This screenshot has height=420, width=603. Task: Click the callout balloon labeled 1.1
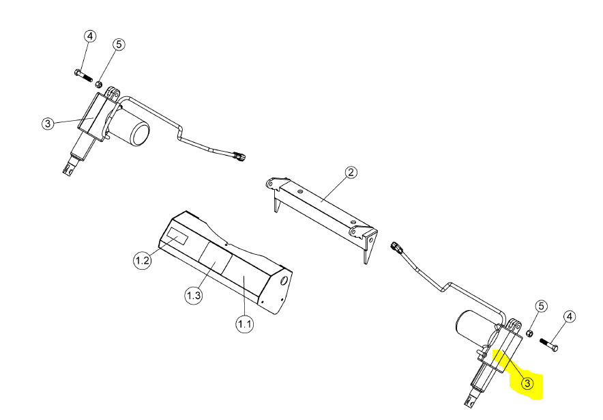pos(245,324)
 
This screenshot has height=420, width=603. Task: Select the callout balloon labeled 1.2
pos(143,260)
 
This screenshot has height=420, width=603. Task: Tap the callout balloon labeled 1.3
pos(194,295)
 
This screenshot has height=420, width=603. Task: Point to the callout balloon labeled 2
pos(351,172)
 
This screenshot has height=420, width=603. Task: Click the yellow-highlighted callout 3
pos(527,383)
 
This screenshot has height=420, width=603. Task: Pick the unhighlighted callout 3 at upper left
pos(48,124)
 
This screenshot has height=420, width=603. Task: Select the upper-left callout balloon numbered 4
pos(90,37)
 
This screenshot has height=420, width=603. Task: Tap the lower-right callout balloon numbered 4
pos(570,317)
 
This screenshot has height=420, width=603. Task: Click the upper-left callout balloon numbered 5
pos(119,44)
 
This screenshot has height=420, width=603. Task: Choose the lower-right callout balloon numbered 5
pos(541,307)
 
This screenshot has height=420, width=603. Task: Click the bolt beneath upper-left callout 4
pos(83,75)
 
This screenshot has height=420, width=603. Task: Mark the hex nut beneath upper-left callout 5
pos(99,83)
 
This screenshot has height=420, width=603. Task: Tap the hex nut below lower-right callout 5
pos(529,333)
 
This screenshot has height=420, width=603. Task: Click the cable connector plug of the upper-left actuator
pos(239,156)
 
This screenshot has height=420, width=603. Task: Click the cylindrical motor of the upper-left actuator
pos(133,128)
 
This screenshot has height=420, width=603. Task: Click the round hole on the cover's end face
pos(285,280)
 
